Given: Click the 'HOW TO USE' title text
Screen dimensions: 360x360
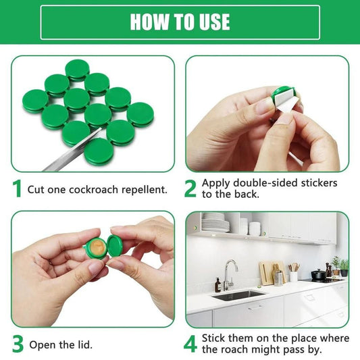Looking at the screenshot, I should pyautogui.click(x=180, y=22).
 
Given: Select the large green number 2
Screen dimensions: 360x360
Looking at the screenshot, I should pyautogui.click(x=191, y=188).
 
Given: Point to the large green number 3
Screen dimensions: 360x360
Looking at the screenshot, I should pyautogui.click(x=18, y=344).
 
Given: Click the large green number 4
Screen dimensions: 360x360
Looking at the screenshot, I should pyautogui.click(x=191, y=344).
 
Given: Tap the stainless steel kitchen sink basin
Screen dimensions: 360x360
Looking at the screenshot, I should pyautogui.click(x=238, y=295).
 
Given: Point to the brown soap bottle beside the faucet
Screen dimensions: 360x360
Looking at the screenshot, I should pyautogui.click(x=217, y=285).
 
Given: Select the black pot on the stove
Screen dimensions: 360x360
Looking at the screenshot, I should pyautogui.click(x=318, y=274).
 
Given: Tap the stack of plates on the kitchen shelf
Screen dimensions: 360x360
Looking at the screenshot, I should pyautogui.click(x=215, y=223).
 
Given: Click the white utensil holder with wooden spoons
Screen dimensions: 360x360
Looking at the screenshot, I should pyautogui.click(x=293, y=275).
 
